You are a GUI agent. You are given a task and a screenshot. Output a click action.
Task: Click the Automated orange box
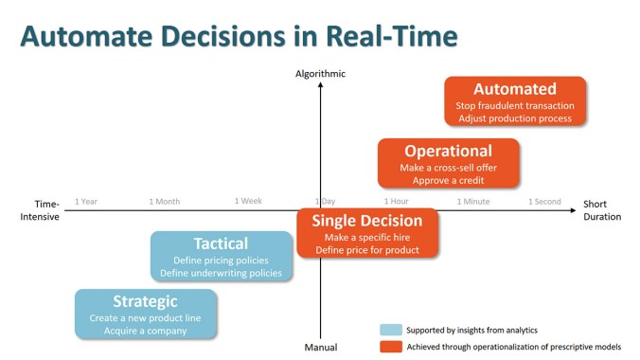point(515,101)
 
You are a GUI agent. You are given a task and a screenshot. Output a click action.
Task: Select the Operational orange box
point(448,162)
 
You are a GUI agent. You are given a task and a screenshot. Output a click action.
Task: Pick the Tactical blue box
point(221,256)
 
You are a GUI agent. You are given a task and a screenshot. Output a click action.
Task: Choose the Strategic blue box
point(145,314)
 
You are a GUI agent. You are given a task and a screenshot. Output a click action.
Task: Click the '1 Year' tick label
point(86,202)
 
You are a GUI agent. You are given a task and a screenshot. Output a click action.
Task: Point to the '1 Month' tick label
point(164,202)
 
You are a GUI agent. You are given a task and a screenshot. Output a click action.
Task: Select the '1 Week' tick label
point(248,202)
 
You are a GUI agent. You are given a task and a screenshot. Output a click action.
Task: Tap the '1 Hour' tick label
point(396,202)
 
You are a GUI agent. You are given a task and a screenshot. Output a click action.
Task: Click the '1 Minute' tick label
point(473,202)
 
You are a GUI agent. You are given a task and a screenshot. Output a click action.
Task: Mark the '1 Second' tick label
point(544,202)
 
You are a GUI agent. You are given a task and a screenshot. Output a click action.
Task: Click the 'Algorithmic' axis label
point(320,74)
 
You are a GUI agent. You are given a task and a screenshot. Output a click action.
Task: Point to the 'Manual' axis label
point(320,348)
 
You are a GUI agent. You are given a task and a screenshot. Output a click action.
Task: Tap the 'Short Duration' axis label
point(601,210)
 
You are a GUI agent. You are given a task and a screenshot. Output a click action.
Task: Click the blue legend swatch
point(390,330)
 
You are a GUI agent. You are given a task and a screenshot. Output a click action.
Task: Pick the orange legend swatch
point(390,348)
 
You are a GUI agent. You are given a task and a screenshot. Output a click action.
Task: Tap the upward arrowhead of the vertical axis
point(320,86)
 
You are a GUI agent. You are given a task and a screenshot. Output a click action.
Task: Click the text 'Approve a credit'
point(448,180)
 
